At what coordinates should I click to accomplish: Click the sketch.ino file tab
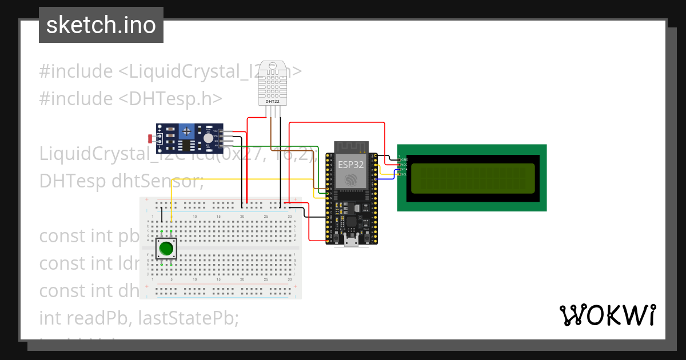click(x=101, y=25)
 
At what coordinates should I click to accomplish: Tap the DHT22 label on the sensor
click(x=273, y=102)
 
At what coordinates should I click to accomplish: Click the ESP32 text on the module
click(x=350, y=163)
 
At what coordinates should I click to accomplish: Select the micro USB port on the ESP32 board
click(x=352, y=242)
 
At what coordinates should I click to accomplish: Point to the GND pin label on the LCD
click(x=404, y=159)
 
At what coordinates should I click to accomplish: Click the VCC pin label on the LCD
click(x=404, y=165)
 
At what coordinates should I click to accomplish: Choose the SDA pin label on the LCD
click(x=404, y=170)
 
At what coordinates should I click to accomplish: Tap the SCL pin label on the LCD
click(x=404, y=174)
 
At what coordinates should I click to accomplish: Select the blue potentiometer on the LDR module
click(x=186, y=132)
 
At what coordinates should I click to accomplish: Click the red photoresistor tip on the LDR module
click(x=150, y=138)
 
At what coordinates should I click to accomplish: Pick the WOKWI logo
click(x=607, y=315)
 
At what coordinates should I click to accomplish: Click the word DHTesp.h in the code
click(x=170, y=98)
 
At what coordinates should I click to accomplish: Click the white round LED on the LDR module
click(x=208, y=138)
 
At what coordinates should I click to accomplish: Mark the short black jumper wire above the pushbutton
click(x=162, y=214)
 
